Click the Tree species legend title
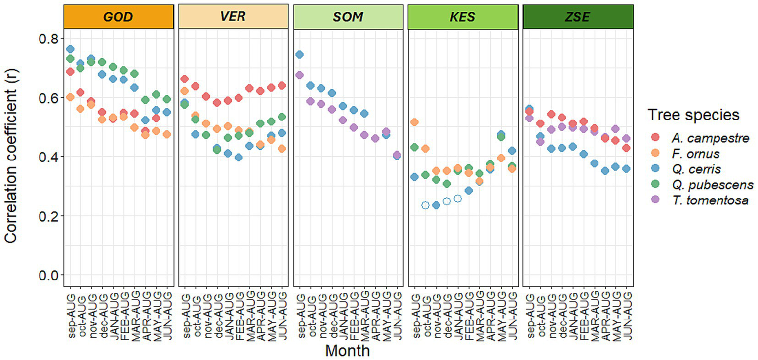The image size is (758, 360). (693, 115)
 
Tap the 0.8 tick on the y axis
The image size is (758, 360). (47, 39)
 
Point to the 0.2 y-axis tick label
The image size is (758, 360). (47, 216)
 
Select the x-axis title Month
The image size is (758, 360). (348, 351)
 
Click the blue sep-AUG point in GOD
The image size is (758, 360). (70, 49)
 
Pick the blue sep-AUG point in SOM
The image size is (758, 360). (299, 54)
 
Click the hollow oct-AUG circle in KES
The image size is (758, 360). (425, 205)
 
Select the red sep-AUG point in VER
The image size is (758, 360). (185, 79)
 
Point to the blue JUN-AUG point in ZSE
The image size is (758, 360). (626, 169)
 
